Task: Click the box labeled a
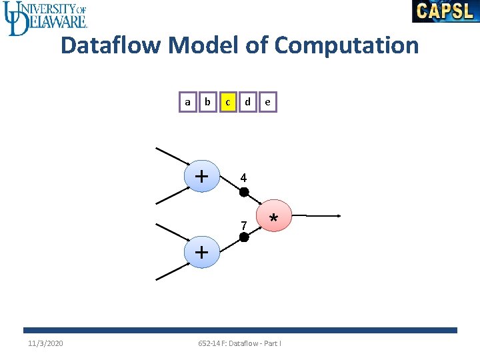pyautogui.click(x=187, y=102)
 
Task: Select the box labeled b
pyautogui.click(x=207, y=102)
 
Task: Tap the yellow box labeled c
pyautogui.click(x=228, y=102)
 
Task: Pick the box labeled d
pyautogui.click(x=247, y=102)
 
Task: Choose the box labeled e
pyautogui.click(x=267, y=102)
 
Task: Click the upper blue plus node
pyautogui.click(x=202, y=177)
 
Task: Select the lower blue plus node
pyautogui.click(x=202, y=253)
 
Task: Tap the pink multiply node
pyautogui.click(x=273, y=215)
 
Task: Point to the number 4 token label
pyautogui.click(x=243, y=179)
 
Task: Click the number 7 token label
pyautogui.click(x=244, y=225)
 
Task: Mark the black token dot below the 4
pyautogui.click(x=244, y=192)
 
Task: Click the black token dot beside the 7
pyautogui.click(x=244, y=237)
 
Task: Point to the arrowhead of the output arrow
pyautogui.click(x=339, y=215)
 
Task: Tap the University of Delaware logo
pyautogui.click(x=45, y=18)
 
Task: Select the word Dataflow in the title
pyautogui.click(x=111, y=46)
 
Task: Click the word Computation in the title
pyautogui.click(x=346, y=46)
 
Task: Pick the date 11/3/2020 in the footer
pyautogui.click(x=45, y=343)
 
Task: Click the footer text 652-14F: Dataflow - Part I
pyautogui.click(x=239, y=343)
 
